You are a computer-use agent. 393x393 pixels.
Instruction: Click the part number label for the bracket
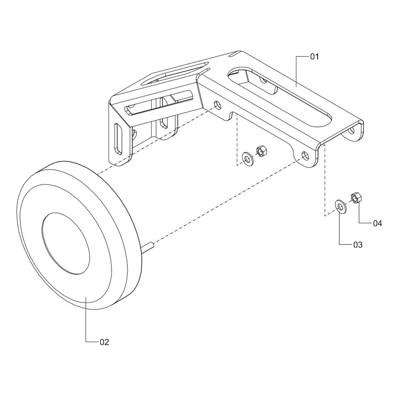tap(314, 57)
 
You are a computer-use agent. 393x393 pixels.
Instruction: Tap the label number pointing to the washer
tap(358, 245)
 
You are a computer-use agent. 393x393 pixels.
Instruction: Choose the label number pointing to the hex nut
tap(377, 223)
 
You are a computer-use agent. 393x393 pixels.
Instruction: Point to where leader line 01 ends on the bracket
tap(296, 86)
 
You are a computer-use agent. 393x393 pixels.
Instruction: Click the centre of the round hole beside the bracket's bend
tap(217, 105)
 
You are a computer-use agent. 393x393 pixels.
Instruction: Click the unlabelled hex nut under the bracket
tap(262, 151)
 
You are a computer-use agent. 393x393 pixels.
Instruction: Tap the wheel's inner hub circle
tap(66, 243)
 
